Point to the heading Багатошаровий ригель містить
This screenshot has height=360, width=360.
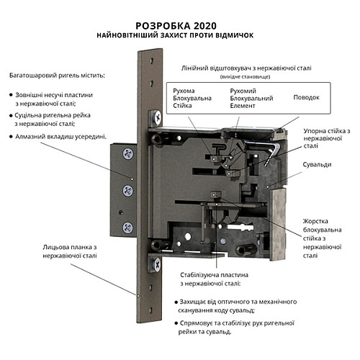[57, 75]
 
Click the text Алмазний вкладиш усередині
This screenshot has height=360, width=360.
[63, 136]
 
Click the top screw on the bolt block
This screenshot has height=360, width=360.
[128, 153]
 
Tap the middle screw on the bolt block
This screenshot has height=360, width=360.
[128, 190]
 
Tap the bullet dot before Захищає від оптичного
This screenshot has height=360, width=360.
[176, 302]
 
